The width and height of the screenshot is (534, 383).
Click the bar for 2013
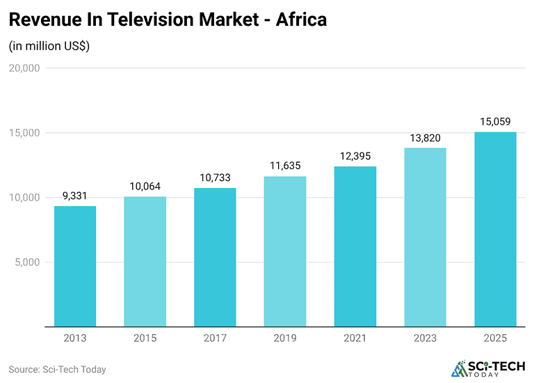(x=75, y=266)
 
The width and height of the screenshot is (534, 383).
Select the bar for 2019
(x=285, y=251)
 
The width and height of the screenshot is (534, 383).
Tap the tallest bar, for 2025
(x=495, y=229)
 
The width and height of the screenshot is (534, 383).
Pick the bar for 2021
(x=355, y=247)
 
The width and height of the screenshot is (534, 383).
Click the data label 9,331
(x=75, y=196)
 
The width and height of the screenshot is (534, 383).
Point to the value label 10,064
(x=145, y=187)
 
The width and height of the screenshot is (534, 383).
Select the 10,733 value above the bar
(x=215, y=178)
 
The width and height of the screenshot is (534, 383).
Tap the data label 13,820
(x=425, y=138)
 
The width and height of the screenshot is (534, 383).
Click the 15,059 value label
(x=495, y=122)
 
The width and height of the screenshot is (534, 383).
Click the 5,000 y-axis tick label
(x=27, y=263)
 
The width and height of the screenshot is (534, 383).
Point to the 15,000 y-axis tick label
(x=24, y=133)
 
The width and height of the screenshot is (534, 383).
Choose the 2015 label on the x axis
(x=145, y=338)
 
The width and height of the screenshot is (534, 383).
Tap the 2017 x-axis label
(x=215, y=338)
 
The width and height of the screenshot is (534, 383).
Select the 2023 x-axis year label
(x=425, y=338)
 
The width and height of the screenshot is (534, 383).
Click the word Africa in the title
(x=301, y=20)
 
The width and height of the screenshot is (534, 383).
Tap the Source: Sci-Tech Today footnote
(x=57, y=369)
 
